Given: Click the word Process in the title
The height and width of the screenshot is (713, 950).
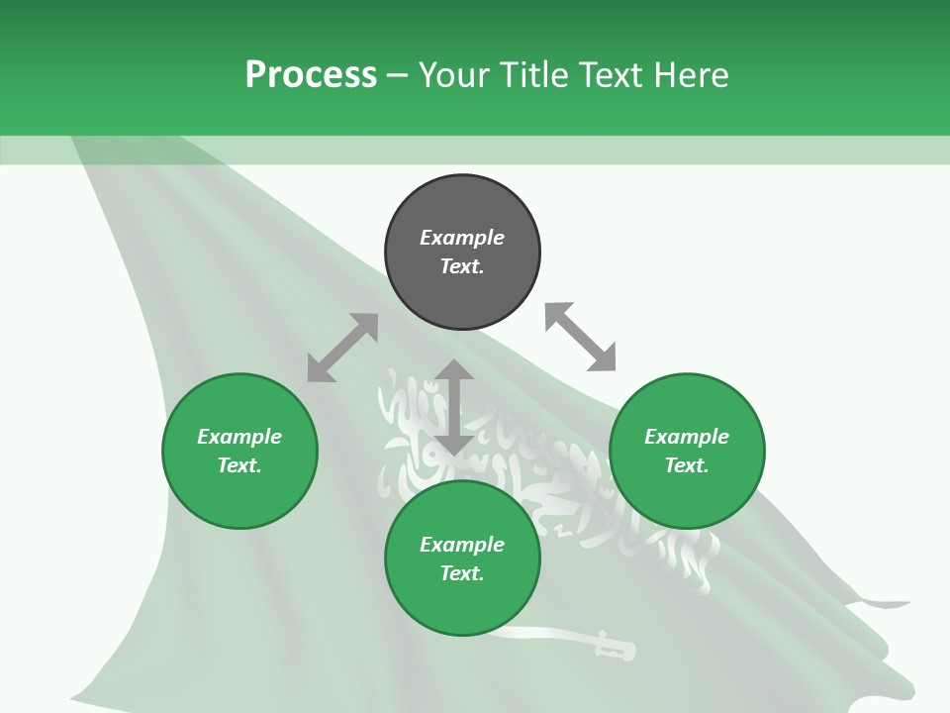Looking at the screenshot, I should [311, 75].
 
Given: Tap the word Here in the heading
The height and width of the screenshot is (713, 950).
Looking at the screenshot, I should [689, 75].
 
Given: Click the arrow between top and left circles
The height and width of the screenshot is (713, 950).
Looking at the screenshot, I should [342, 348].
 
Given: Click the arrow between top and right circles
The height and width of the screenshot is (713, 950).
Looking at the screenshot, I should [580, 337].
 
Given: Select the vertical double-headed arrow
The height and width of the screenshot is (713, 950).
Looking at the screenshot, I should [454, 407].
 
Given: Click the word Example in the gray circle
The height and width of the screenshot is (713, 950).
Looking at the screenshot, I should [462, 238].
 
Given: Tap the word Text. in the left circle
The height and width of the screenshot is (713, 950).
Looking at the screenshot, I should [239, 465].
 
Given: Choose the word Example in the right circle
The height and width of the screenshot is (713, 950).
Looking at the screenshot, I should [687, 437].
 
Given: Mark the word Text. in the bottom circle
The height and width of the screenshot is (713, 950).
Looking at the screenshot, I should [462, 573].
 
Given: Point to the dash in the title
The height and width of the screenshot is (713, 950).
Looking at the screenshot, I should [397, 75].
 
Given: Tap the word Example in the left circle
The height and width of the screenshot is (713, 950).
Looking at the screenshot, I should [239, 437].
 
